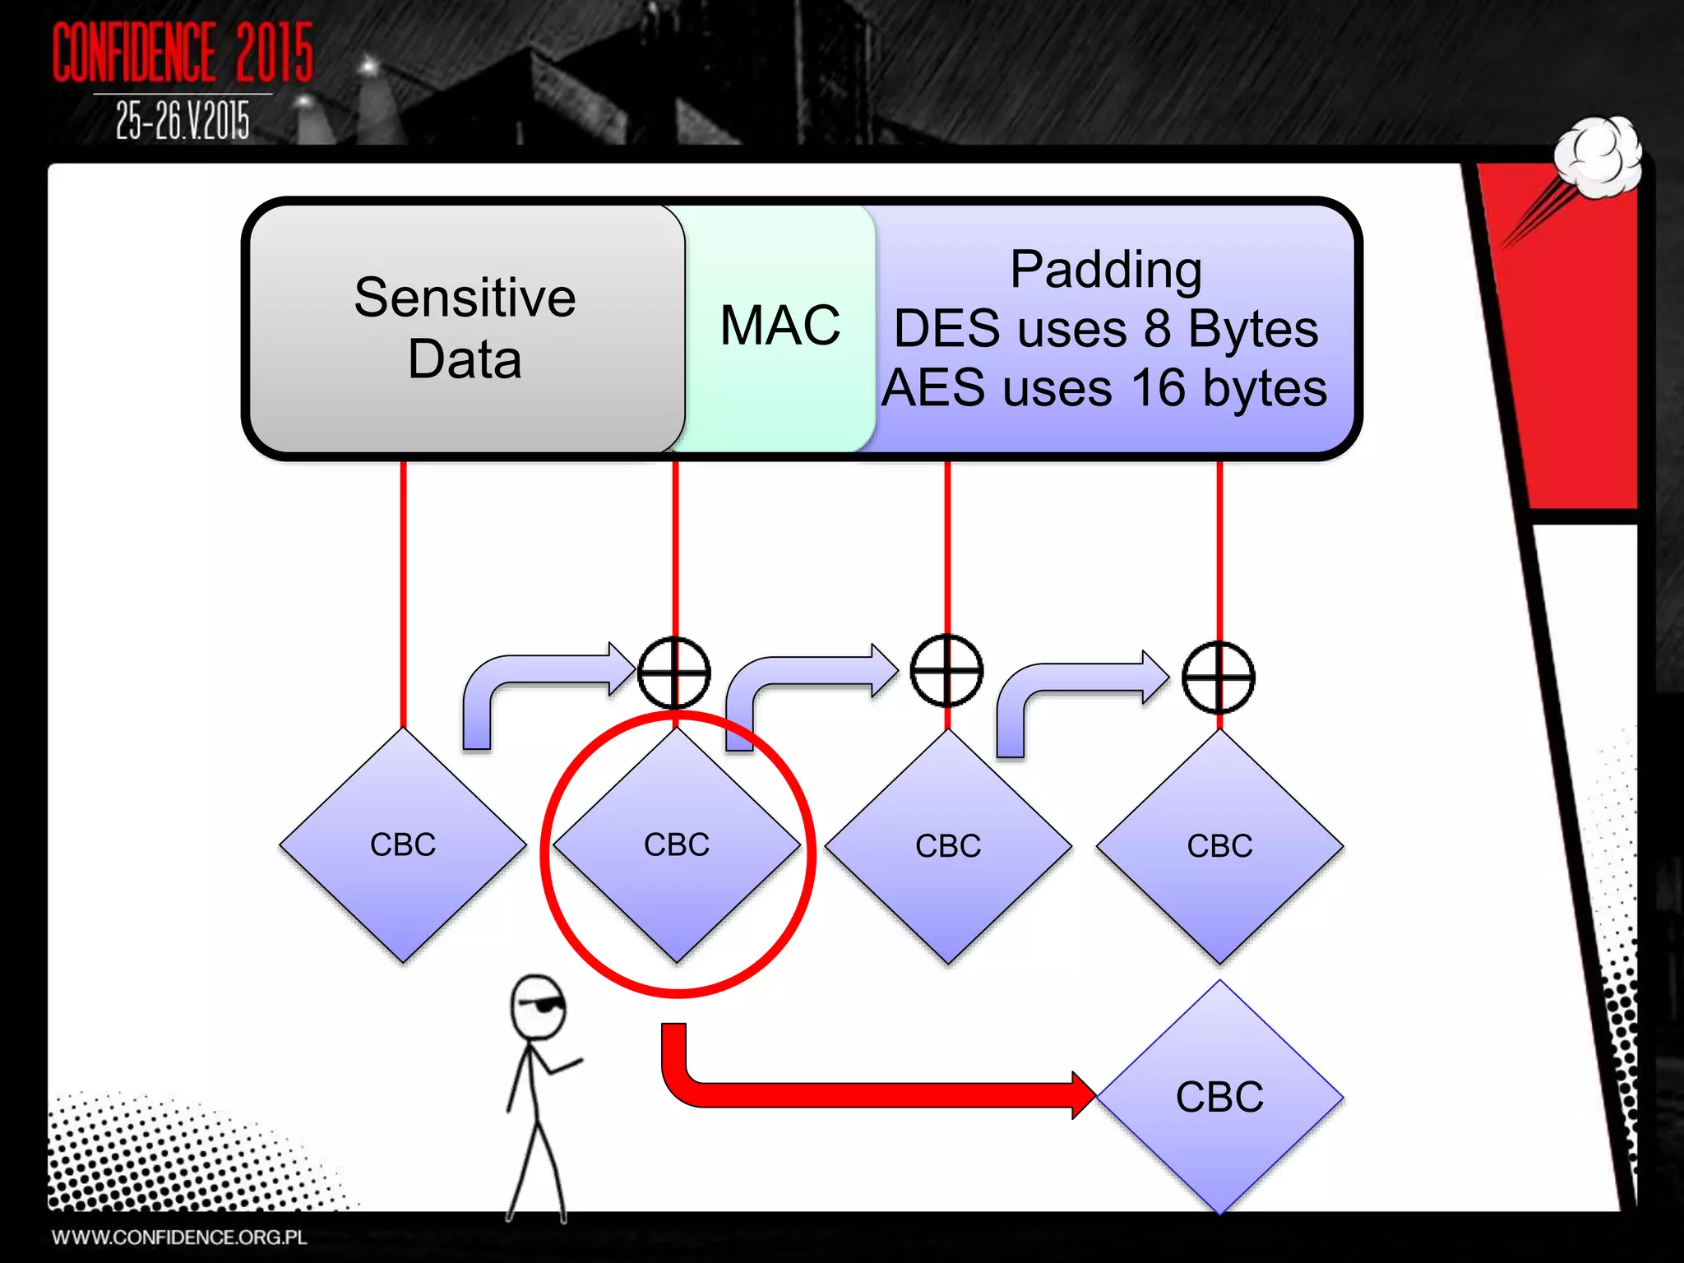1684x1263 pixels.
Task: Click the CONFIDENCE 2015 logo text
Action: (x=183, y=53)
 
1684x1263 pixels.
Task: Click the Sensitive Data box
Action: (x=465, y=328)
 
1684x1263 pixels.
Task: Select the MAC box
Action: (x=780, y=326)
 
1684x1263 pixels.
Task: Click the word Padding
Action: (x=1106, y=270)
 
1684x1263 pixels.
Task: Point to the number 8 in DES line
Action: (x=1157, y=329)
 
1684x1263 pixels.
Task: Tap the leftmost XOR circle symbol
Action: (x=674, y=673)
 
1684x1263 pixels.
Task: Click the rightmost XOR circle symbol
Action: (x=1219, y=678)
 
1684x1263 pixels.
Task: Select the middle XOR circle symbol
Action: (x=946, y=671)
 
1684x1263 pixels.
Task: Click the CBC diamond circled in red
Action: (x=676, y=845)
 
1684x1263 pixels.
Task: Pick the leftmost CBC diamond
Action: (x=403, y=845)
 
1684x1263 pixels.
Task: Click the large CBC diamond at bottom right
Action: (x=1219, y=1097)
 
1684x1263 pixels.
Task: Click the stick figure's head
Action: (x=538, y=1008)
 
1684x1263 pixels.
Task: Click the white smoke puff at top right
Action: (x=1597, y=156)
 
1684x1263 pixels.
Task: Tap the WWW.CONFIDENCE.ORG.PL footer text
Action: (x=179, y=1238)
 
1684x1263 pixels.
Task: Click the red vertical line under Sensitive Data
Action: (x=403, y=592)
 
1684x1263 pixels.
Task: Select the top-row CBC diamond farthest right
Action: (x=1219, y=847)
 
